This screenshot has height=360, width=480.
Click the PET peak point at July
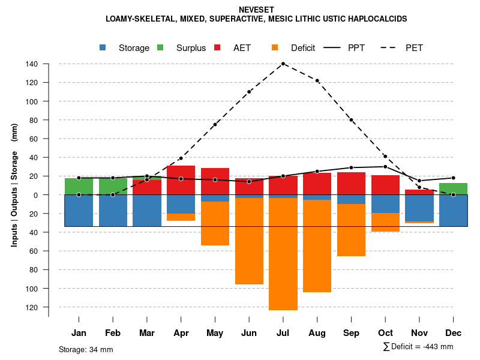tap(283, 64)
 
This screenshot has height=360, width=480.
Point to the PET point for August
tap(317, 80)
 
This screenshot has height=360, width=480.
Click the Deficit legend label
tap(303, 48)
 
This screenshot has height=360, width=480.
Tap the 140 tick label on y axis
tap(32, 64)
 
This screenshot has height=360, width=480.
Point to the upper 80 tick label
tap(34, 120)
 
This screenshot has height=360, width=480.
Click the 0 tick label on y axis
tap(36, 195)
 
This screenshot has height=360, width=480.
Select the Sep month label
tap(352, 333)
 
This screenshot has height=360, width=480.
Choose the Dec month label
tap(454, 333)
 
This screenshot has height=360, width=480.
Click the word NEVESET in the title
tap(256, 10)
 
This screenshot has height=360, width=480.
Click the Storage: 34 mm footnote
tap(86, 349)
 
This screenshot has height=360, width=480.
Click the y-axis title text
tap(14, 185)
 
